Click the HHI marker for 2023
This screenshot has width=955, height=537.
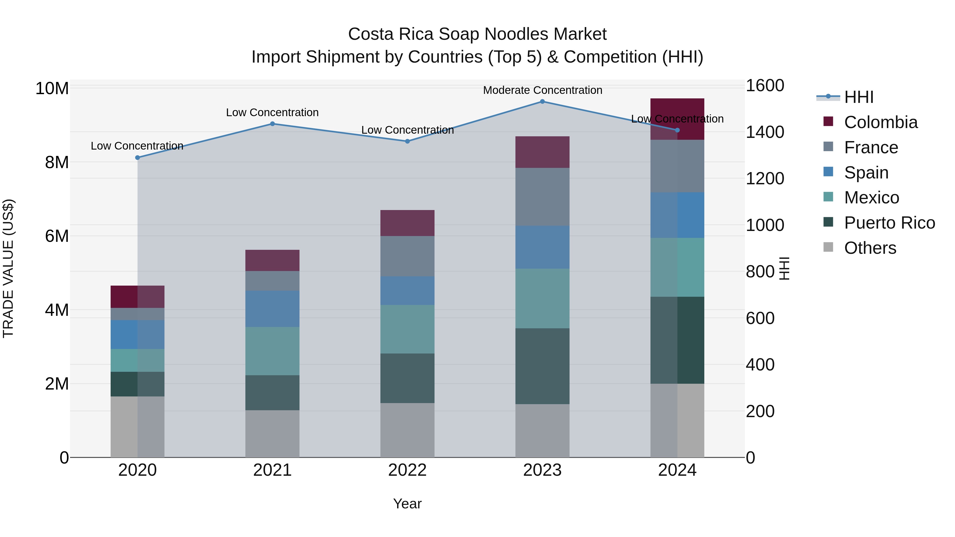pyautogui.click(x=542, y=102)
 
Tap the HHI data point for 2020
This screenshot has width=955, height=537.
pyautogui.click(x=137, y=158)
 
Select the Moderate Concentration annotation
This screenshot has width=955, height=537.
pyautogui.click(x=542, y=90)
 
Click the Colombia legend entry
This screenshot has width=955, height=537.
pyautogui.click(x=880, y=122)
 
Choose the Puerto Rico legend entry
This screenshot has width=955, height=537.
pyautogui.click(x=889, y=223)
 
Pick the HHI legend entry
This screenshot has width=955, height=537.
pyautogui.click(x=859, y=97)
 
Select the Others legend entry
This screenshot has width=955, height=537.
pyautogui.click(x=870, y=248)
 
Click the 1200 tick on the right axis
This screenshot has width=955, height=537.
pyautogui.click(x=765, y=179)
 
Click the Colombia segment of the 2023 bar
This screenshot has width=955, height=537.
pyautogui.click(x=542, y=152)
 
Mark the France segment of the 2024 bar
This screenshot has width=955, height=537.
pyautogui.click(x=677, y=166)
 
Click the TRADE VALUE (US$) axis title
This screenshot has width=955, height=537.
pyautogui.click(x=8, y=268)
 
